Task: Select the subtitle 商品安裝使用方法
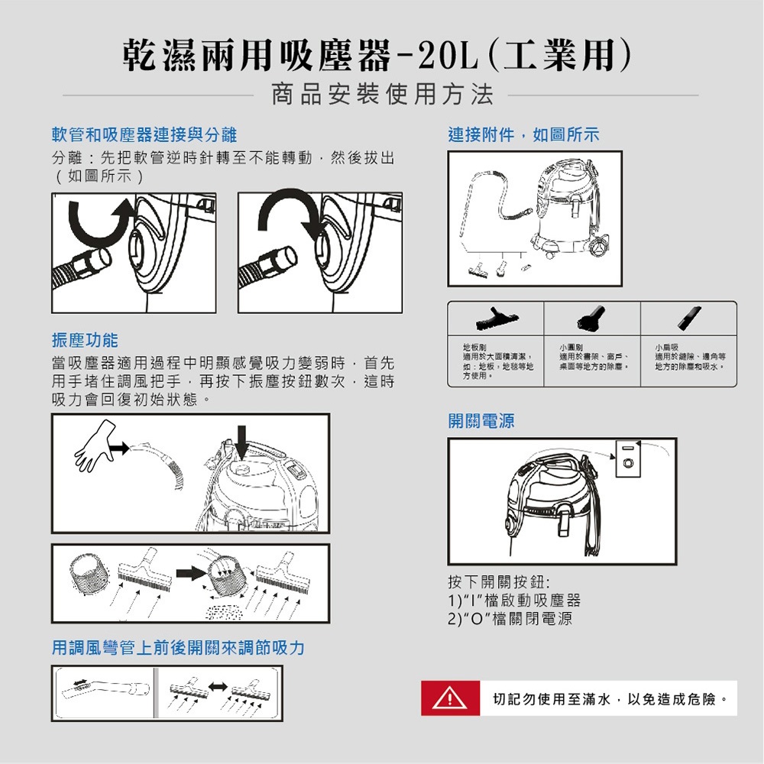pyautogui.click(x=382, y=95)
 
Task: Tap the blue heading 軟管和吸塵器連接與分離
pyautogui.click(x=144, y=135)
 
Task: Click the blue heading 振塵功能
pyautogui.click(x=85, y=339)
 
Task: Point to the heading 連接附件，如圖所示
pyautogui.click(x=523, y=135)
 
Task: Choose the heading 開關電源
pyautogui.click(x=481, y=421)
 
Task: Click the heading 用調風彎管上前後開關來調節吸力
pyautogui.click(x=178, y=648)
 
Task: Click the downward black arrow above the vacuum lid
pyautogui.click(x=242, y=441)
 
